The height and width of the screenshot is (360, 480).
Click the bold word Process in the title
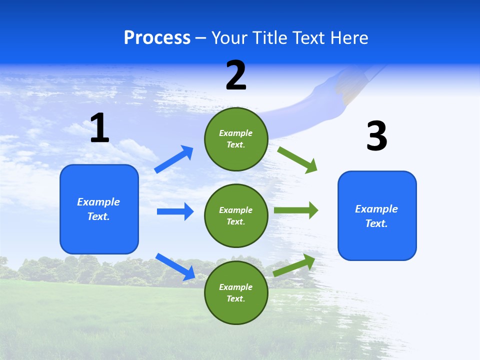157,38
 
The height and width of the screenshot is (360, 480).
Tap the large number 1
99,128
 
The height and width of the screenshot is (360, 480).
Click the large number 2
236,75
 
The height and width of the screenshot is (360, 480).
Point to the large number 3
376,136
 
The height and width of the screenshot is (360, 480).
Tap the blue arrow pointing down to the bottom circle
175,266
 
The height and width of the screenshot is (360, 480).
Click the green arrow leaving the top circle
297,159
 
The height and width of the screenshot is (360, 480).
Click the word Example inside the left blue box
98,202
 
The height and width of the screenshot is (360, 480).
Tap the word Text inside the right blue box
376,223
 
